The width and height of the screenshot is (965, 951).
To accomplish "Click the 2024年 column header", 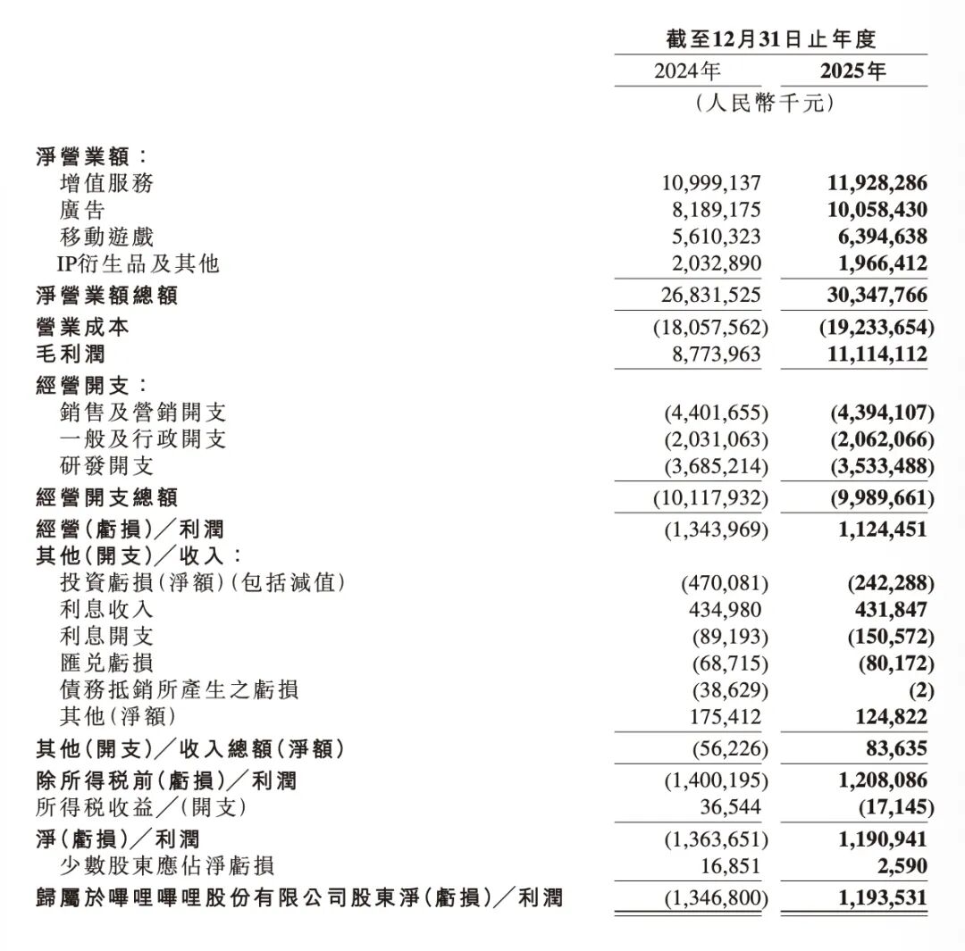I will click(x=686, y=71).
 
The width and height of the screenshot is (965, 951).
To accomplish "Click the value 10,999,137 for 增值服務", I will click(x=711, y=183).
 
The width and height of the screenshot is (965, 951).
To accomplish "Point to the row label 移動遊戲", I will click(x=105, y=237).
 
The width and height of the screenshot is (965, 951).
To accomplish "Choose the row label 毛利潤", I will click(x=71, y=355).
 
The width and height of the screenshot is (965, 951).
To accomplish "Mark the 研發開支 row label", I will click(x=105, y=466).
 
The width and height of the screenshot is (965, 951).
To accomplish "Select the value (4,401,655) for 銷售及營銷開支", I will click(x=716, y=413).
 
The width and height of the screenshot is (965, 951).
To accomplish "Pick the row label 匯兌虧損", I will click(x=105, y=663).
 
